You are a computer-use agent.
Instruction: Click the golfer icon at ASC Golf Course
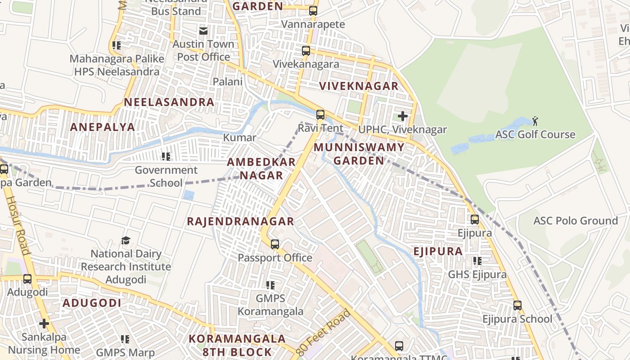coord(535,121)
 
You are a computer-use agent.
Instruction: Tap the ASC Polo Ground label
coord(575,220)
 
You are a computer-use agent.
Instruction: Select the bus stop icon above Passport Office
coord(274,244)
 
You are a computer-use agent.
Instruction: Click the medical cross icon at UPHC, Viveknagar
coord(403,116)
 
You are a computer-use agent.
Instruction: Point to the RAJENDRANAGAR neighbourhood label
coord(240,221)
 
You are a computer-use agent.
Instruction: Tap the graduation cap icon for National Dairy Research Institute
coord(126,241)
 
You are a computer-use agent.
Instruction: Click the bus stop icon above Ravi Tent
coord(320,115)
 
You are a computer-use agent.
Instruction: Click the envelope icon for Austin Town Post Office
coord(203,31)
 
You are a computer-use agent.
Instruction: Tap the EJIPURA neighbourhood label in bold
coord(438,251)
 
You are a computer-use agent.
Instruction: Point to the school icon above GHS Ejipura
coord(477,261)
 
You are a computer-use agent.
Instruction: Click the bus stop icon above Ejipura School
coord(517,306)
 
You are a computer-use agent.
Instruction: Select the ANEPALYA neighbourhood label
coord(103,127)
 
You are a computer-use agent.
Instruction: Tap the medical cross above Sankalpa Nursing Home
coord(44,324)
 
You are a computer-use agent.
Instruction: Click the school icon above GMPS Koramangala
coord(270,285)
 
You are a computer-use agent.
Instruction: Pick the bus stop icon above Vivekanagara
coord(306,51)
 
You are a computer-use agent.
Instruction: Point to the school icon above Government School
coord(166,157)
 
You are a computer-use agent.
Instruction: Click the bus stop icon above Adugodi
coord(27,279)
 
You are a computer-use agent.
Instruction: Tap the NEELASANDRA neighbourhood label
coord(169,102)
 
